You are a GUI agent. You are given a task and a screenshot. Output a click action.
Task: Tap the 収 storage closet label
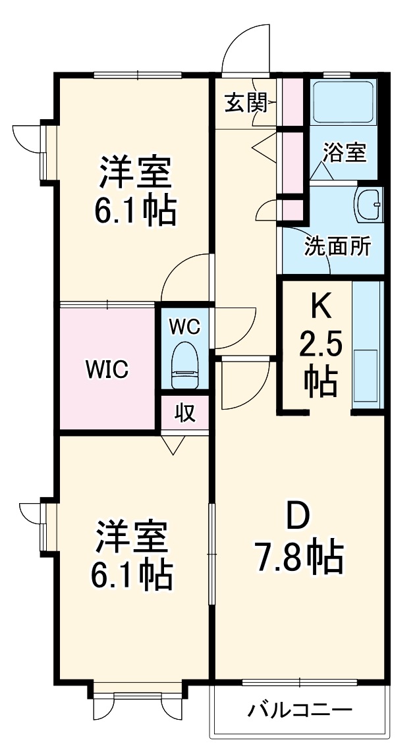[185, 414]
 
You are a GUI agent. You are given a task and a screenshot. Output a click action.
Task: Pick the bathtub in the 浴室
[343, 102]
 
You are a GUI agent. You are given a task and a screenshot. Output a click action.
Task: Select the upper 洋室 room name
[136, 173]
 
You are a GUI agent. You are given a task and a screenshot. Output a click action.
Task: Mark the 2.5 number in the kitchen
[320, 344]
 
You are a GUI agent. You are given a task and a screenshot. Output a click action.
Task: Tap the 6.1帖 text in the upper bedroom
[137, 211]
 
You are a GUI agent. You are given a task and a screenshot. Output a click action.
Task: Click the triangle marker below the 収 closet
[173, 446]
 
